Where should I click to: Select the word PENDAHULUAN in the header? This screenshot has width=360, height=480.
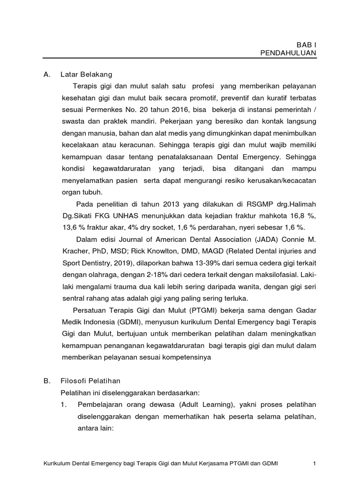point(288,53)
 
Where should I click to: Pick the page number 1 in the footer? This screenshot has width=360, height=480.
point(315,464)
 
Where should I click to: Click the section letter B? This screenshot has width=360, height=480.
point(46,368)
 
